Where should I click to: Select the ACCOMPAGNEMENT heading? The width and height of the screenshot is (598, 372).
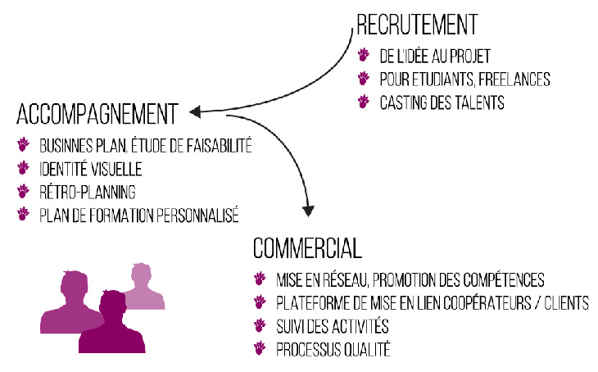coord(97,112)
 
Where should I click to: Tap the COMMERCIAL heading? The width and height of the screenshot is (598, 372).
coord(307,247)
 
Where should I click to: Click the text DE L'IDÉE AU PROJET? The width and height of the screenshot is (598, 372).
coord(435,57)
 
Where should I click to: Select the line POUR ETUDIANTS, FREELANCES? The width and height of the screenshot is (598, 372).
coord(464,79)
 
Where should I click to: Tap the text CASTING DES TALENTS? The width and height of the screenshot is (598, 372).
coord(442,102)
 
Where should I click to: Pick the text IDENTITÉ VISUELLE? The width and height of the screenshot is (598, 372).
coord(90,170)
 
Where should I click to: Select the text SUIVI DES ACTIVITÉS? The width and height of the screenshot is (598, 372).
coord(332,326)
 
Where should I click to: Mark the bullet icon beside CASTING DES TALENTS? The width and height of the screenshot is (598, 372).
coord(364,102)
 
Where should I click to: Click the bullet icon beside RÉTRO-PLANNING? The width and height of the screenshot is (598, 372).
coord(23,193)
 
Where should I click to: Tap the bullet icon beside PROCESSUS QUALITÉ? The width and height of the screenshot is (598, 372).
coord(260,348)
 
